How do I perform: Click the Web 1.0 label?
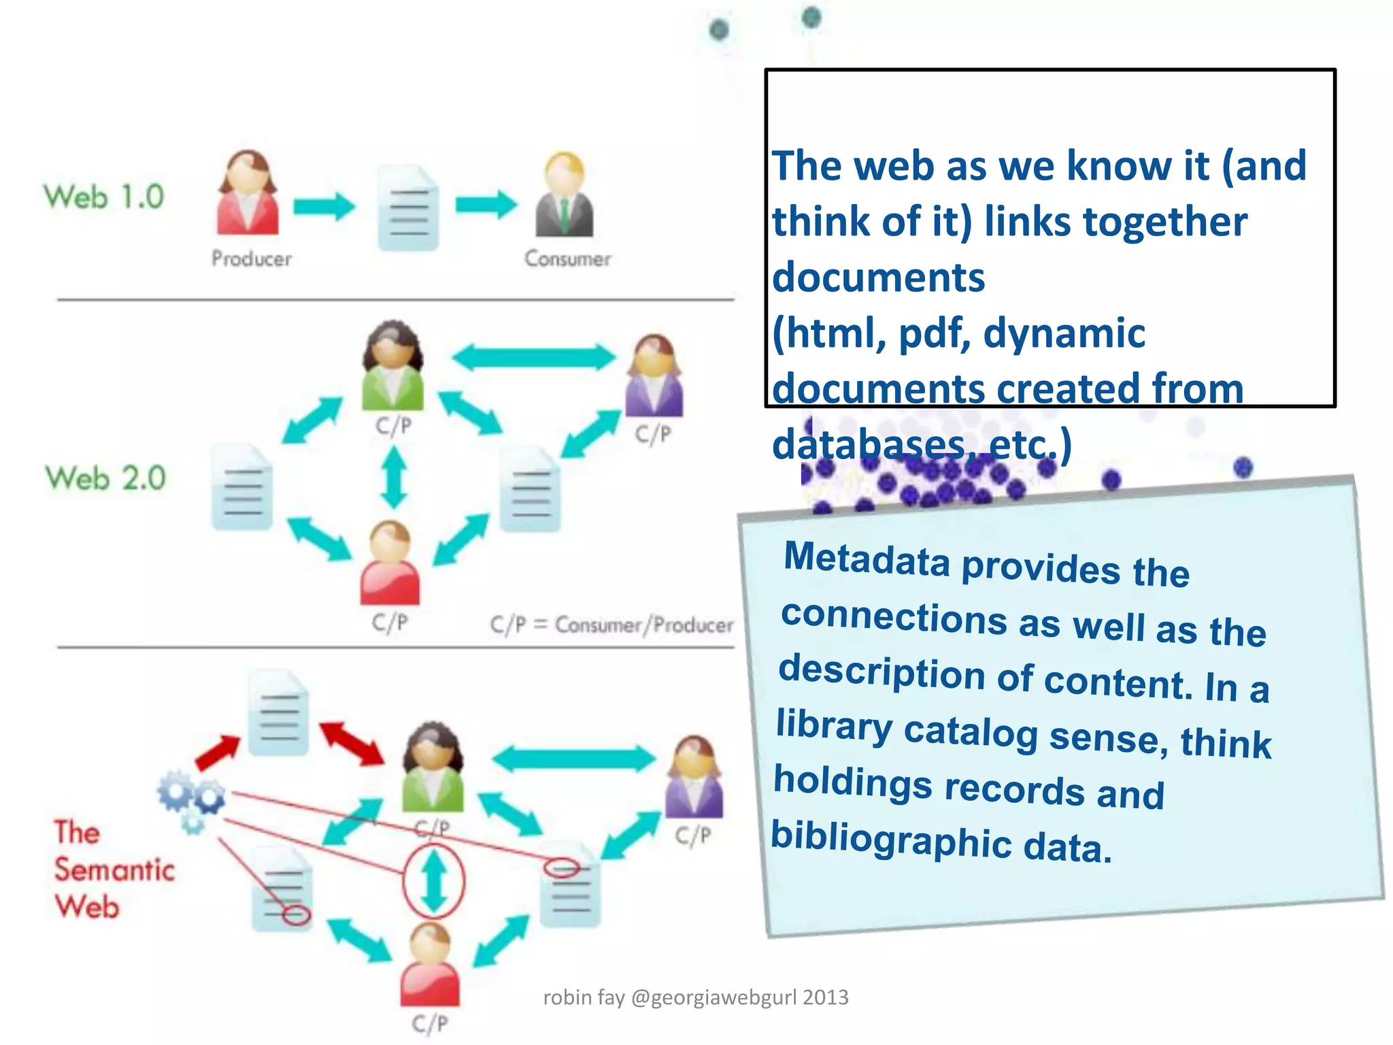[x=104, y=197]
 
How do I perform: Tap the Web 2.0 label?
[x=105, y=478]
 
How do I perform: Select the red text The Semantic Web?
[x=114, y=869]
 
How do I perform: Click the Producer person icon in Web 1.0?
[x=248, y=193]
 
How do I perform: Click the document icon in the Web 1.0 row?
[x=407, y=208]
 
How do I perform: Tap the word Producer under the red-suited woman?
[x=251, y=259]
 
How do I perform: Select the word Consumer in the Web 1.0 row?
[x=567, y=259]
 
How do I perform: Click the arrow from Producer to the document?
[x=324, y=205]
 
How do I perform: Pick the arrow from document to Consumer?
[x=486, y=204]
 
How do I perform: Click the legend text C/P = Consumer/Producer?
[x=611, y=625]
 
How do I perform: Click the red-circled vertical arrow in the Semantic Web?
[x=434, y=882]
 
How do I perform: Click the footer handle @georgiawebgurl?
[x=714, y=997]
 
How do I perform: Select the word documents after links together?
[x=878, y=278]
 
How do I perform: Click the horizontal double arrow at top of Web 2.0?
[x=533, y=357]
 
